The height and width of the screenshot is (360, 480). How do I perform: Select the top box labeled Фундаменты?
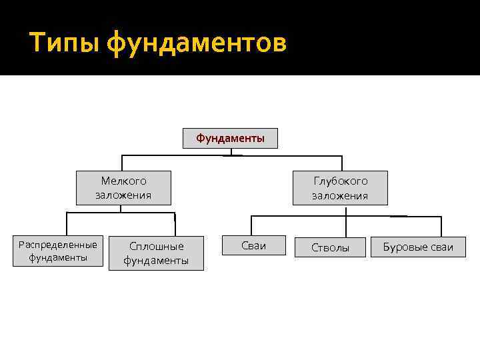[230, 139]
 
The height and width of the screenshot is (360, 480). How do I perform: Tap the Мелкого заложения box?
[123, 188]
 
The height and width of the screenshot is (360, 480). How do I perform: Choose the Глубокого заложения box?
[340, 188]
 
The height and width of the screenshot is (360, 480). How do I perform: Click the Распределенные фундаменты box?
[59, 251]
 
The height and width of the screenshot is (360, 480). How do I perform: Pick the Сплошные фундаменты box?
[156, 253]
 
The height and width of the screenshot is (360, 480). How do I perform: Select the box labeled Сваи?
[253, 246]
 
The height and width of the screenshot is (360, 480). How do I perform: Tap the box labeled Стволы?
[331, 247]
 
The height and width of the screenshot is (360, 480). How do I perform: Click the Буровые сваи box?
[418, 247]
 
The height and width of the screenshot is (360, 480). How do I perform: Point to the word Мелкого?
[123, 181]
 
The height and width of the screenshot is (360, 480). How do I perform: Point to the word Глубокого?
[340, 181]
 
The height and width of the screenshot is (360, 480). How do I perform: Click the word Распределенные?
[59, 245]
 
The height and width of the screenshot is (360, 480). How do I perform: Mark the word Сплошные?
[156, 246]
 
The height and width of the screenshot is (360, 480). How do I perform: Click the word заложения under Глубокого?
[340, 196]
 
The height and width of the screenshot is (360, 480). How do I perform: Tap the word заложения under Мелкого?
[123, 196]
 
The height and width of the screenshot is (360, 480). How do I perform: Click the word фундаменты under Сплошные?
[156, 261]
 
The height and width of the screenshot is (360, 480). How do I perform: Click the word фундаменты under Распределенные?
[59, 258]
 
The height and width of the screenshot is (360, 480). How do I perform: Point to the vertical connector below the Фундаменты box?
[231, 151]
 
